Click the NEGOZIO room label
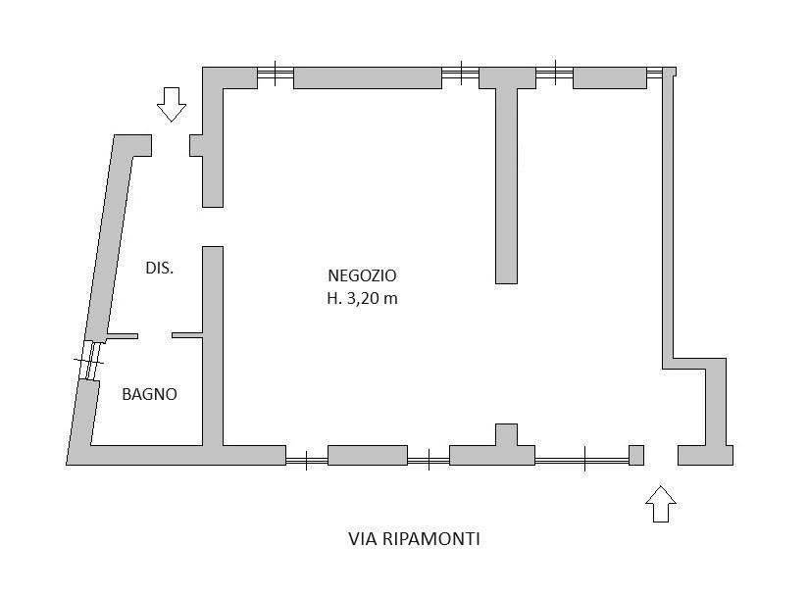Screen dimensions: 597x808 click(362, 276)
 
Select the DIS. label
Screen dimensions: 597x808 click(159, 268)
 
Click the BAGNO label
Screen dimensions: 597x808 click(149, 394)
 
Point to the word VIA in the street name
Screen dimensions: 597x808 click(363, 538)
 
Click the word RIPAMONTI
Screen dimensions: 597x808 click(431, 538)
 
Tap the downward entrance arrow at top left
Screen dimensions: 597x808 click(172, 104)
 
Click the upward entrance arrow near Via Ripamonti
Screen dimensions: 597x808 click(661, 503)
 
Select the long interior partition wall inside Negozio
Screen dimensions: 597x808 click(506, 186)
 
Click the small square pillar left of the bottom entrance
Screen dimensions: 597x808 click(636, 455)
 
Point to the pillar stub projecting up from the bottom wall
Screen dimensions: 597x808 click(506, 434)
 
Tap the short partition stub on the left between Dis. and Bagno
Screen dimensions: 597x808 click(123, 336)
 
